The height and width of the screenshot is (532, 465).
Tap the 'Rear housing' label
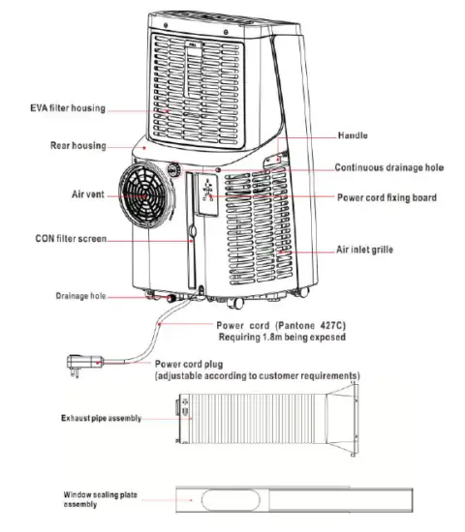click(x=77, y=145)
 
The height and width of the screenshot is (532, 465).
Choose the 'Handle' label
click(x=353, y=135)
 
